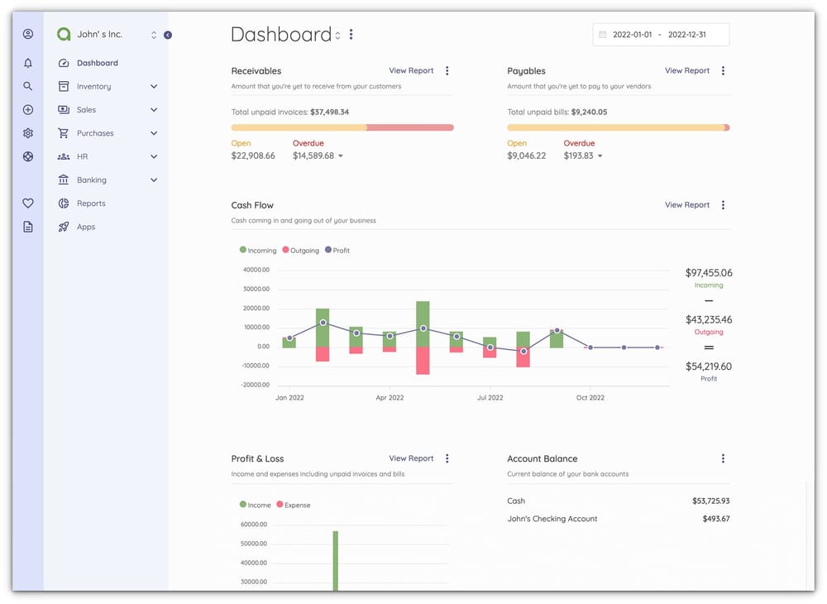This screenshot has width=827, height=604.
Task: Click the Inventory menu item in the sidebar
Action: point(93,86)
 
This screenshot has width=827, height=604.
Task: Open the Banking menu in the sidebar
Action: point(91,180)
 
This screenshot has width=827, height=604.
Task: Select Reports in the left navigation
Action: point(91,204)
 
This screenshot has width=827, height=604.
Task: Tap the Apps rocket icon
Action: point(64,227)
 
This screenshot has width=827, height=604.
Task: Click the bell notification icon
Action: point(28,63)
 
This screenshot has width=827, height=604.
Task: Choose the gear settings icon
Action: point(28,133)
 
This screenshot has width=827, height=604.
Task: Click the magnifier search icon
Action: point(28,86)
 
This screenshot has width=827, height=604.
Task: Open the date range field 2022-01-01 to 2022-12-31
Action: point(661,35)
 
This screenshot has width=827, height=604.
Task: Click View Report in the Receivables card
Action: point(411,71)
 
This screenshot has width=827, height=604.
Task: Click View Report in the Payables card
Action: point(686,71)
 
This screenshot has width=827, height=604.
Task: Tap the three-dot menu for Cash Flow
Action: point(723,205)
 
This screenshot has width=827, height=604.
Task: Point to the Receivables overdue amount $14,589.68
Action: point(313,156)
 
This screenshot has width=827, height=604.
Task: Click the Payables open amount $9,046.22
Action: point(526,156)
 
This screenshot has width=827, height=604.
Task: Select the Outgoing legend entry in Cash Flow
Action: point(300,251)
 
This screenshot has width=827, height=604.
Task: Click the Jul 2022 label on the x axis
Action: point(490,398)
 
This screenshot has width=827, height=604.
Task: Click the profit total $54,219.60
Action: point(708,367)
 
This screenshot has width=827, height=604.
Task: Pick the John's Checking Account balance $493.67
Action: point(710,519)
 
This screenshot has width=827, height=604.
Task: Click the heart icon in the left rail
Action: point(28,204)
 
